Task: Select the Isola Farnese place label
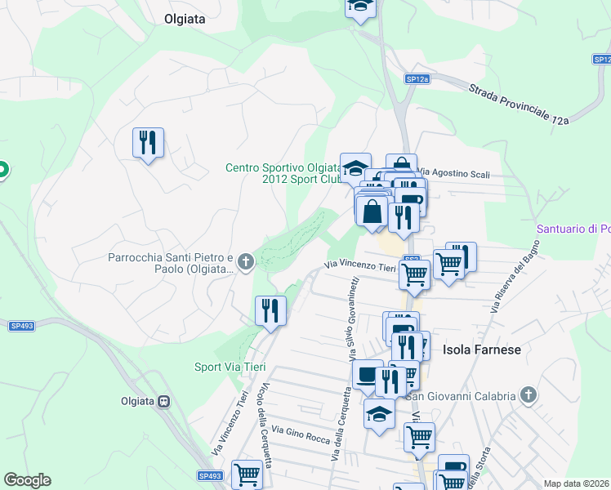481,349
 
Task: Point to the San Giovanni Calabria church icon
528,396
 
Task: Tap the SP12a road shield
417,78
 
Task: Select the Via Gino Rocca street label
301,434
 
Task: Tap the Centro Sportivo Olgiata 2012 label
283,173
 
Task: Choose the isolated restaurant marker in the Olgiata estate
148,143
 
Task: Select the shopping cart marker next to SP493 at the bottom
247,474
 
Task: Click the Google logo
27,480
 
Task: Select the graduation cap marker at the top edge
359,7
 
